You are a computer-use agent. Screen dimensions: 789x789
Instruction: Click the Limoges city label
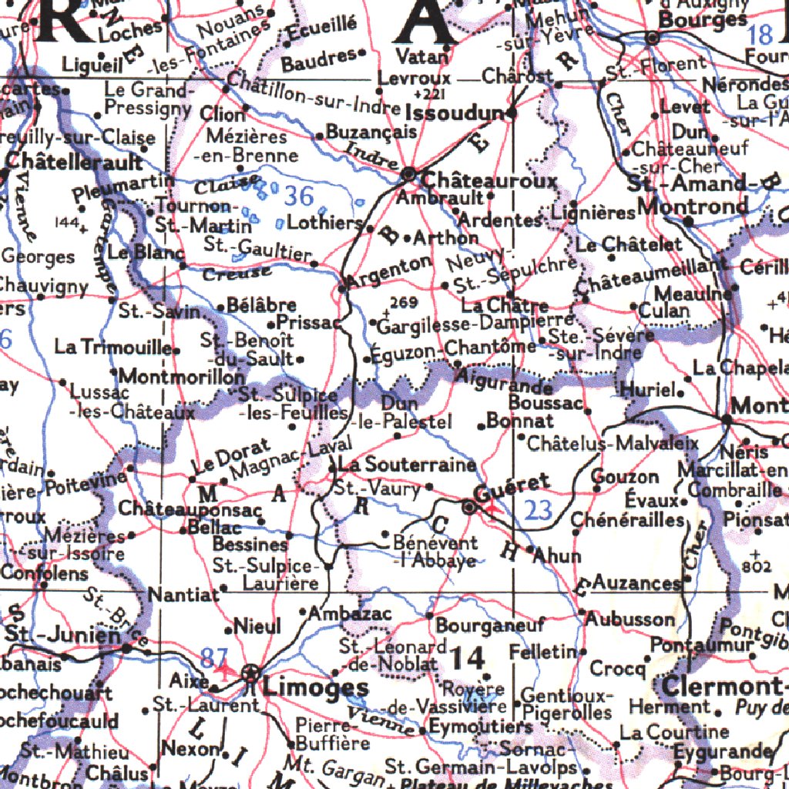[315, 687]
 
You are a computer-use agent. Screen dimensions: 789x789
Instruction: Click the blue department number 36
[299, 196]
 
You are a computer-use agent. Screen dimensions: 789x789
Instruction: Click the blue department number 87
[214, 657]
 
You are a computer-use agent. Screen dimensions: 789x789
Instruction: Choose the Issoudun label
[453, 115]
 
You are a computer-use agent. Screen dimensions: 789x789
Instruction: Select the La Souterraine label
[407, 465]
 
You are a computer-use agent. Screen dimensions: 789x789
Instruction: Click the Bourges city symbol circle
[652, 37]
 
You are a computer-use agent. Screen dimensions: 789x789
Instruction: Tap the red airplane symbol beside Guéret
[491, 509]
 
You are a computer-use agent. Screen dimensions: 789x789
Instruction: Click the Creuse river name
[237, 272]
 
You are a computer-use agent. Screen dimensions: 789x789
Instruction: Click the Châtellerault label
[74, 163]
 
